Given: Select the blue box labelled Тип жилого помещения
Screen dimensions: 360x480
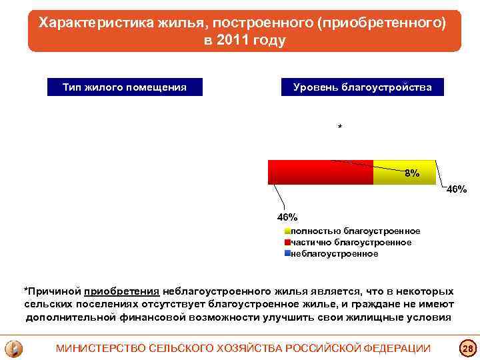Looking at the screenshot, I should (124, 87).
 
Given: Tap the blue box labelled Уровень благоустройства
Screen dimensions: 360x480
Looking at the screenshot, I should (362, 87).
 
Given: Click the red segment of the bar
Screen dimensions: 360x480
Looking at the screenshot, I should (320, 172).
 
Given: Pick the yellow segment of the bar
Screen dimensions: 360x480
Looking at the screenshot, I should (403, 172).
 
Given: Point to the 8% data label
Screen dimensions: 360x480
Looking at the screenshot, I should (412, 173).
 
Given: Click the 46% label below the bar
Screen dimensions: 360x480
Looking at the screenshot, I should (287, 217).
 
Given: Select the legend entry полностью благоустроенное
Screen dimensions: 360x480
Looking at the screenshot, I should (355, 231).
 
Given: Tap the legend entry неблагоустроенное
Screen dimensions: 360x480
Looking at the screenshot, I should (334, 253).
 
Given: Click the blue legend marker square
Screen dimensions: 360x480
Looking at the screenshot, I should (287, 254).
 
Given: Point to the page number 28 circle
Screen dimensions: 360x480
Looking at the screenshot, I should (467, 348).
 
